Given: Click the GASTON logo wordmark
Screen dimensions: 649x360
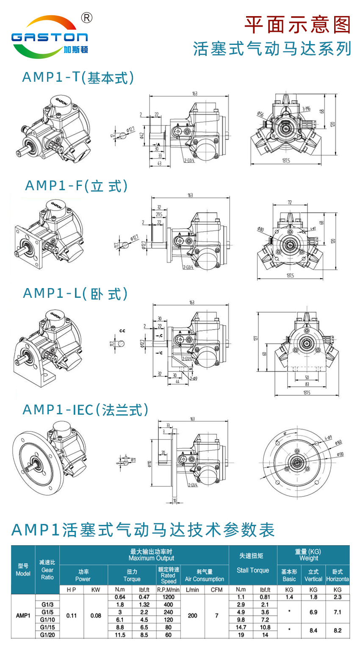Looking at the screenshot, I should coord(50,37).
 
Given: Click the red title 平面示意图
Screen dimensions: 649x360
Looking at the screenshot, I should coord(298,25).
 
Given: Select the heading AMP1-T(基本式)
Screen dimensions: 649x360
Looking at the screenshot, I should coord(78,78).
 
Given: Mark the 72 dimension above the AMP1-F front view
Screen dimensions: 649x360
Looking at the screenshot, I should coord(290,202).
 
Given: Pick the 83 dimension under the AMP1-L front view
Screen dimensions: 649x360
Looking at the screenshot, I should coord(307,384).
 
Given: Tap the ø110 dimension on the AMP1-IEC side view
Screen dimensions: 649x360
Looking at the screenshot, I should coord(149,464).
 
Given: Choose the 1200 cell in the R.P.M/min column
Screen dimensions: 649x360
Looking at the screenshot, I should coord(168,597).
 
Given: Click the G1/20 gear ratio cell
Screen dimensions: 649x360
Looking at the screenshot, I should coord(47,635).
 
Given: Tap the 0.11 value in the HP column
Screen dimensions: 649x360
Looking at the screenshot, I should coord(72,616).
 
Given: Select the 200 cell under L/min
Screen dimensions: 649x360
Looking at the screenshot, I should coord(192,616).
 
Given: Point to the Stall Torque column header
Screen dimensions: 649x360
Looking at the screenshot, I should coord(253,570).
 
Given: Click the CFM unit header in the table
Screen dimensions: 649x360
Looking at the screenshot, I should coord(216,589).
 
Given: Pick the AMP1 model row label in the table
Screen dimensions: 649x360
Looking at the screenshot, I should coord(23,616).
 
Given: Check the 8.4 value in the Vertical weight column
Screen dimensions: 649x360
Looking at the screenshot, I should coord(313,630).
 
